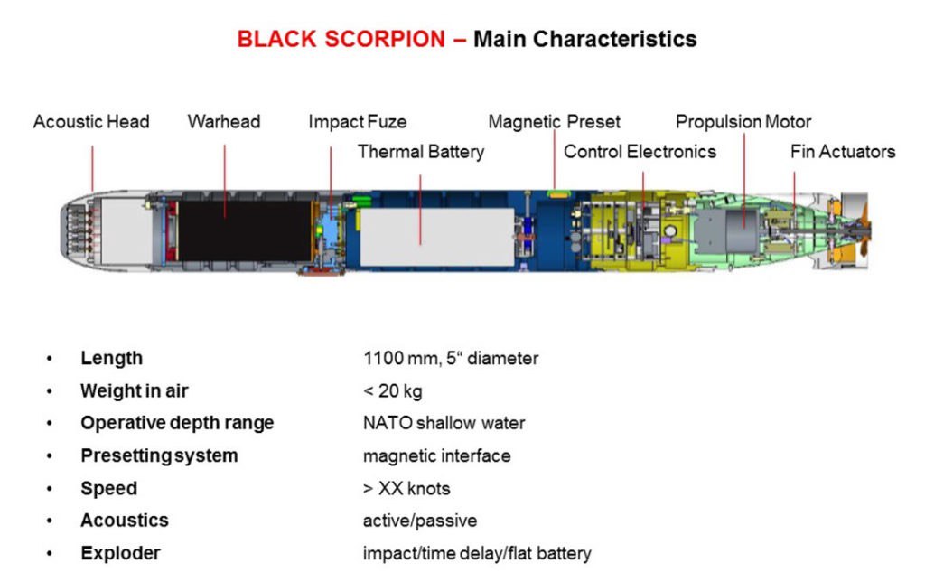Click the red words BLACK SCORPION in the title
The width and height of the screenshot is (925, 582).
[341, 40]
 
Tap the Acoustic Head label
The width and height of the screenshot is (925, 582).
[91, 121]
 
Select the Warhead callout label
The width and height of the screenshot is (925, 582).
[224, 121]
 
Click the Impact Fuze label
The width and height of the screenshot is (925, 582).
[357, 121]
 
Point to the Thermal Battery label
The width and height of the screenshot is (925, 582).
[420, 151]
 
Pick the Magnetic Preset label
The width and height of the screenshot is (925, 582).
[554, 121]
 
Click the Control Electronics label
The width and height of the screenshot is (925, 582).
[640, 151]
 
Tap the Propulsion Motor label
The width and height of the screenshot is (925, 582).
[743, 121]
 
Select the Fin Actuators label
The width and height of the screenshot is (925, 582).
[842, 151]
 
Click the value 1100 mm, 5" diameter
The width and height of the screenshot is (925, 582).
[450, 358]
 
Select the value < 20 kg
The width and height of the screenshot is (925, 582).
[392, 390]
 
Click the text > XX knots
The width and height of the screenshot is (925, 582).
[406, 488]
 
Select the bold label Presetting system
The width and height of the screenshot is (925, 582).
[159, 455]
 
